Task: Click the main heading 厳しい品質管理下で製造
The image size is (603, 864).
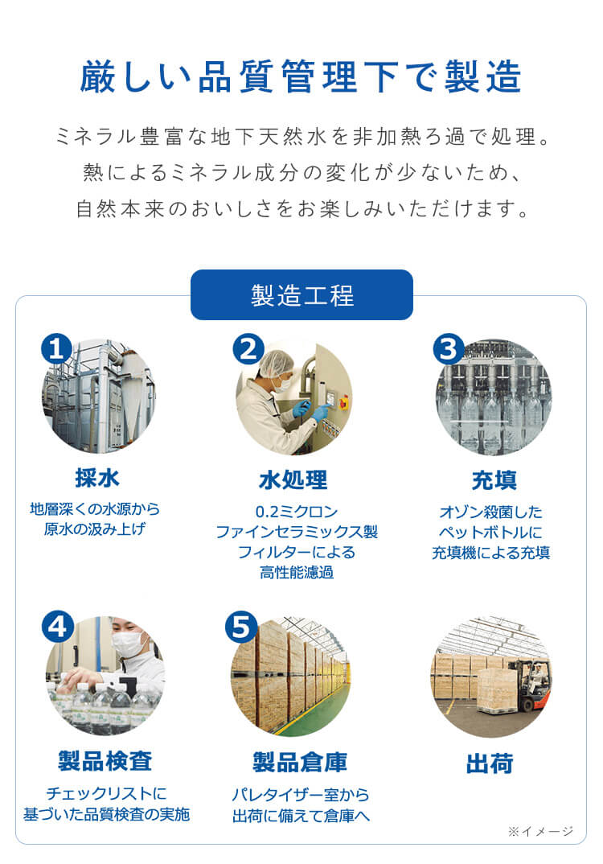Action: click(301, 78)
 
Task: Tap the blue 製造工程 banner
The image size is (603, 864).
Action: click(301, 295)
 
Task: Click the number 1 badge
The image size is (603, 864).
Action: click(56, 348)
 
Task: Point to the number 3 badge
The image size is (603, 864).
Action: click(448, 348)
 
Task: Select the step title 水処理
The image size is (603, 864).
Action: click(293, 480)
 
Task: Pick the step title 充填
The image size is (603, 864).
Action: click(493, 480)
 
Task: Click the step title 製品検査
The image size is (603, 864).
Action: click(105, 760)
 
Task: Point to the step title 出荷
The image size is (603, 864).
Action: click(489, 763)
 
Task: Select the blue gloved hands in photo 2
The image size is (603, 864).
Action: click(310, 411)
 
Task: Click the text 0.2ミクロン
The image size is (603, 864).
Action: click(296, 512)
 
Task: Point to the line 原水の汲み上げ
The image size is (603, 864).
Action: click(95, 529)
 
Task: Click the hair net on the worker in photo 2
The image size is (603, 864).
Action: click(276, 362)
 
